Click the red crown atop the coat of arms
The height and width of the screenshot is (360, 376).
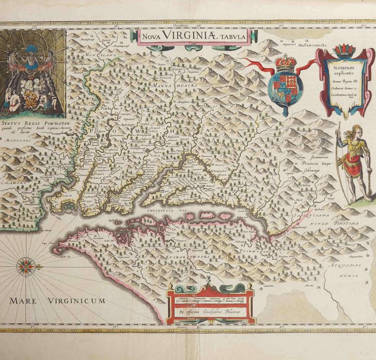point(285,63)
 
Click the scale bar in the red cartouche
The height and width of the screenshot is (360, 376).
point(211,300)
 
